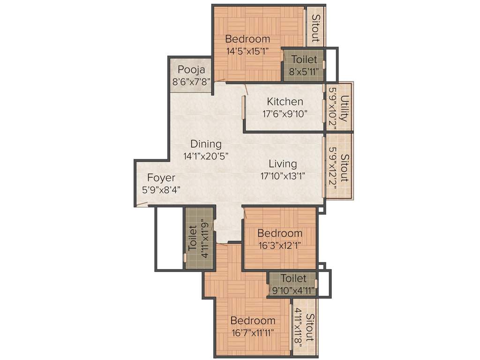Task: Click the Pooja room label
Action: pyautogui.click(x=191, y=70)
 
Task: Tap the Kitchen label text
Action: pyautogui.click(x=285, y=101)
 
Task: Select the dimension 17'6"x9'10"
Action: pyautogui.click(x=285, y=113)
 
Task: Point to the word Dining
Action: pyautogui.click(x=206, y=144)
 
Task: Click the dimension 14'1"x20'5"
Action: pyautogui.click(x=206, y=156)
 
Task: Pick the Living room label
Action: pyautogui.click(x=283, y=164)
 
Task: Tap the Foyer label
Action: pyautogui.click(x=161, y=178)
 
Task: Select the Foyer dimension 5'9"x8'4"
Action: pyautogui.click(x=161, y=189)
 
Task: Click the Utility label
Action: pyautogui.click(x=345, y=108)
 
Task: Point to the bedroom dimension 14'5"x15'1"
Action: pyautogui.click(x=247, y=51)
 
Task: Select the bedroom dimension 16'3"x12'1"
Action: pyautogui.click(x=280, y=245)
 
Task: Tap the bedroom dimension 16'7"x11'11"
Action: pyautogui.click(x=253, y=332)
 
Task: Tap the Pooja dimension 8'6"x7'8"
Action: pyautogui.click(x=191, y=81)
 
